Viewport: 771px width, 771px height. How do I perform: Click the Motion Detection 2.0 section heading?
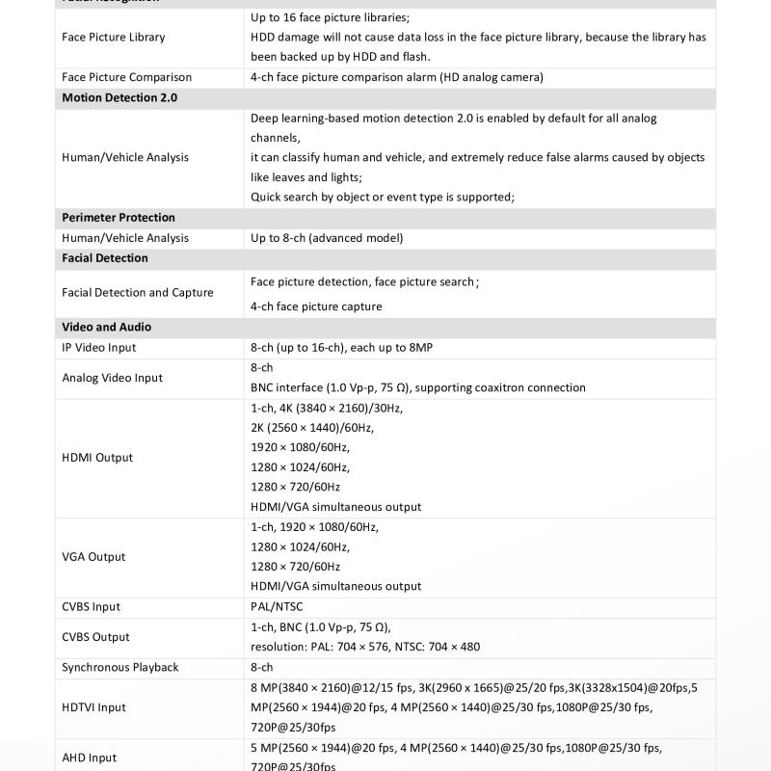[x=120, y=98]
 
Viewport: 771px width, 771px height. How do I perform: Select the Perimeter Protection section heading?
[x=119, y=218]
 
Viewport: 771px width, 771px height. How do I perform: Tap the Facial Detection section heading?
[x=105, y=258]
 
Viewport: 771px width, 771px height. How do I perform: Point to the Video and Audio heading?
[x=107, y=328]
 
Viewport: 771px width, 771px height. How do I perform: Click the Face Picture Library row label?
[x=114, y=38]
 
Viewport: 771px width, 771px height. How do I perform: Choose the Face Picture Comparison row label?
[x=126, y=77]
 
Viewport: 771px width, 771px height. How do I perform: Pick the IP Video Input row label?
[x=99, y=348]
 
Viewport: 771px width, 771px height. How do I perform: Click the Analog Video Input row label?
[x=113, y=378]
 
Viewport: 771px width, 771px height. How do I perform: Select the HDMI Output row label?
[x=97, y=458]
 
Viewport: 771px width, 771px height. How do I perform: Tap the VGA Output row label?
[x=93, y=557]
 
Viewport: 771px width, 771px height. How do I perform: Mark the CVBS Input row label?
[x=92, y=607]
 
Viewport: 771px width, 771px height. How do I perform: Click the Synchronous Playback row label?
[x=120, y=667]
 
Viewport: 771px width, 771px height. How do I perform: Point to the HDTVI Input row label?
[x=94, y=707]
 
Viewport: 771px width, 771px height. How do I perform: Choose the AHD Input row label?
[x=90, y=758]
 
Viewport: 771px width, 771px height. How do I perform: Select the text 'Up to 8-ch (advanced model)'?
[x=327, y=238]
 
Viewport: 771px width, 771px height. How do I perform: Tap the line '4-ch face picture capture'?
[x=316, y=306]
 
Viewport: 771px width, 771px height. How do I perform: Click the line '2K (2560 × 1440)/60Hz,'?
[x=312, y=428]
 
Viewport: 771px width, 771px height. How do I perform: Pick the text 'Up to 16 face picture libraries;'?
[x=330, y=17]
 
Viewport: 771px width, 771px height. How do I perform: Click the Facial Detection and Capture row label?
[x=138, y=293]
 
